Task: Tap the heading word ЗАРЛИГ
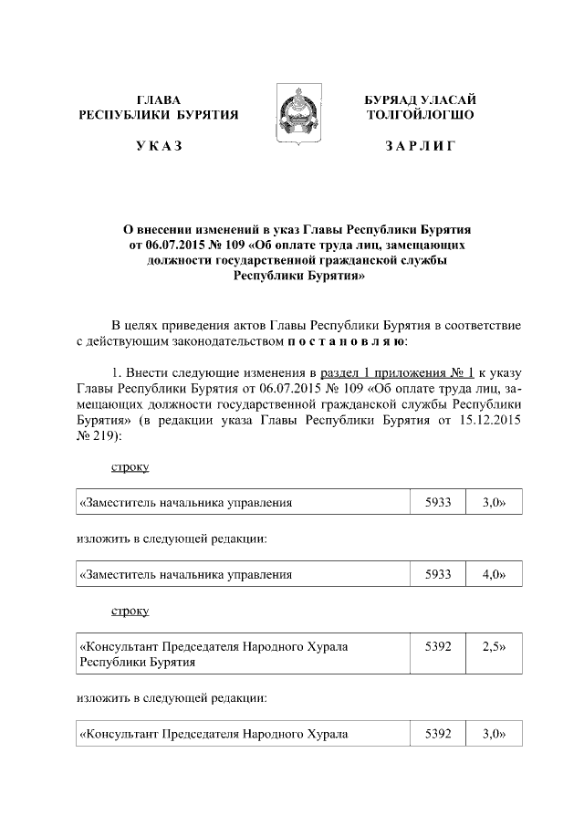pyautogui.click(x=420, y=147)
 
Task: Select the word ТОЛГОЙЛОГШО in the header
pyautogui.click(x=420, y=115)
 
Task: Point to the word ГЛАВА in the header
pyautogui.click(x=159, y=99)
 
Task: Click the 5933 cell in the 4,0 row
pyautogui.click(x=438, y=575)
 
